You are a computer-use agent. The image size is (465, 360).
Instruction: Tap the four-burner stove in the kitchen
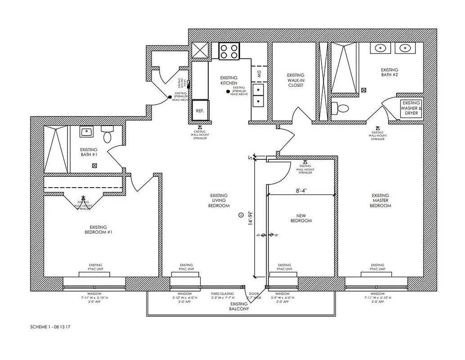(229, 51)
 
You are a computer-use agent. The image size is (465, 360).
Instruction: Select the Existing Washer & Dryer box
(411, 108)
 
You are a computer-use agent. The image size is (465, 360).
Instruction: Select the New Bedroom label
(301, 218)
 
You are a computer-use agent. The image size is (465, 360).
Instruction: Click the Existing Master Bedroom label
(380, 200)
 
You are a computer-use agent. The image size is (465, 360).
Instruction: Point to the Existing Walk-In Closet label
(295, 80)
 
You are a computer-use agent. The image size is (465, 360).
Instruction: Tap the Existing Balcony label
(239, 307)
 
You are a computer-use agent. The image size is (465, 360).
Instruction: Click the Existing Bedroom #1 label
(98, 229)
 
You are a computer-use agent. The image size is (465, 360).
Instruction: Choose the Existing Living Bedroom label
(219, 200)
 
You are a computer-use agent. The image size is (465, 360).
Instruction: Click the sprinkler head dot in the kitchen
(228, 92)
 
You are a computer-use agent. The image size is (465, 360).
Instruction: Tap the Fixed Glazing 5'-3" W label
(223, 295)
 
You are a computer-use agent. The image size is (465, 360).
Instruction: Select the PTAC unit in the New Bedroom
(284, 274)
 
